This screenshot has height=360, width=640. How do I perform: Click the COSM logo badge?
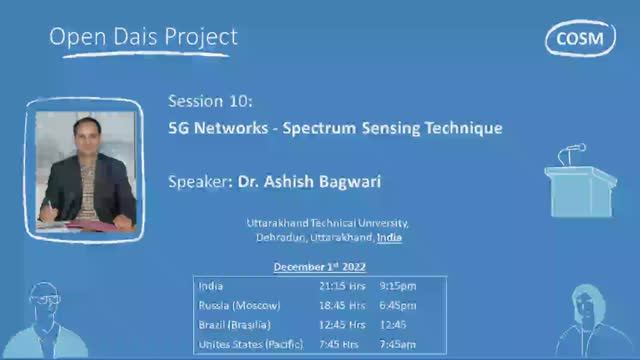click(580, 37)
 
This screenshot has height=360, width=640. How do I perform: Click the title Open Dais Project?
click(144, 37)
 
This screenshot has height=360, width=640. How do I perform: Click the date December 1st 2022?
click(320, 267)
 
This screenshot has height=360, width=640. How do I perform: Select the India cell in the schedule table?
click(212, 285)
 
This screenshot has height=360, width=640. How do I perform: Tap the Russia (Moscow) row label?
click(240, 305)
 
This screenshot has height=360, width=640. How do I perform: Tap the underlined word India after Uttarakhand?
click(390, 239)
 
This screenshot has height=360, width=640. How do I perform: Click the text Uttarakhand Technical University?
click(328, 224)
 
